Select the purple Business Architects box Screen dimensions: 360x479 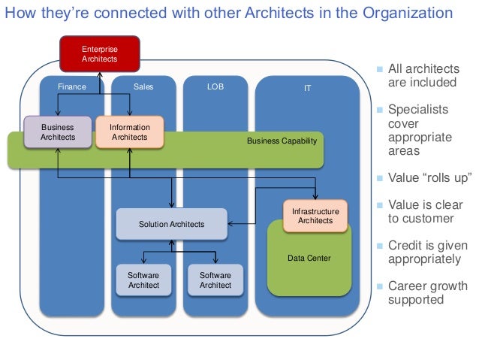tap(58, 132)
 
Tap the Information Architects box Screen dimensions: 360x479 tap(130, 132)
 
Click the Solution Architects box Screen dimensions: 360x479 tap(171, 224)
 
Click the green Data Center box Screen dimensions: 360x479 tap(309, 259)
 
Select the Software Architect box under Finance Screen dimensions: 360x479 tap(143, 280)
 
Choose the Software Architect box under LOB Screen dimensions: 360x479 tap(215, 280)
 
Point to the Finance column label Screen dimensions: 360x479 tap(72, 87)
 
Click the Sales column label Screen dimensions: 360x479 tap(143, 87)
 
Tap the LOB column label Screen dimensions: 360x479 tap(215, 87)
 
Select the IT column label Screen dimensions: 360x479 tap(308, 88)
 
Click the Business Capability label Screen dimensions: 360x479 tap(282, 141)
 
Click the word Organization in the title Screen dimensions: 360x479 tap(410, 14)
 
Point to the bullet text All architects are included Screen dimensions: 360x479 tap(423, 76)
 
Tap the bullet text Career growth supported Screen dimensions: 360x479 tap(427, 292)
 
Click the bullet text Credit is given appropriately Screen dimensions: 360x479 tap(427, 252)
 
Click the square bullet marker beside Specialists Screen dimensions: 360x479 tap(380, 110)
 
